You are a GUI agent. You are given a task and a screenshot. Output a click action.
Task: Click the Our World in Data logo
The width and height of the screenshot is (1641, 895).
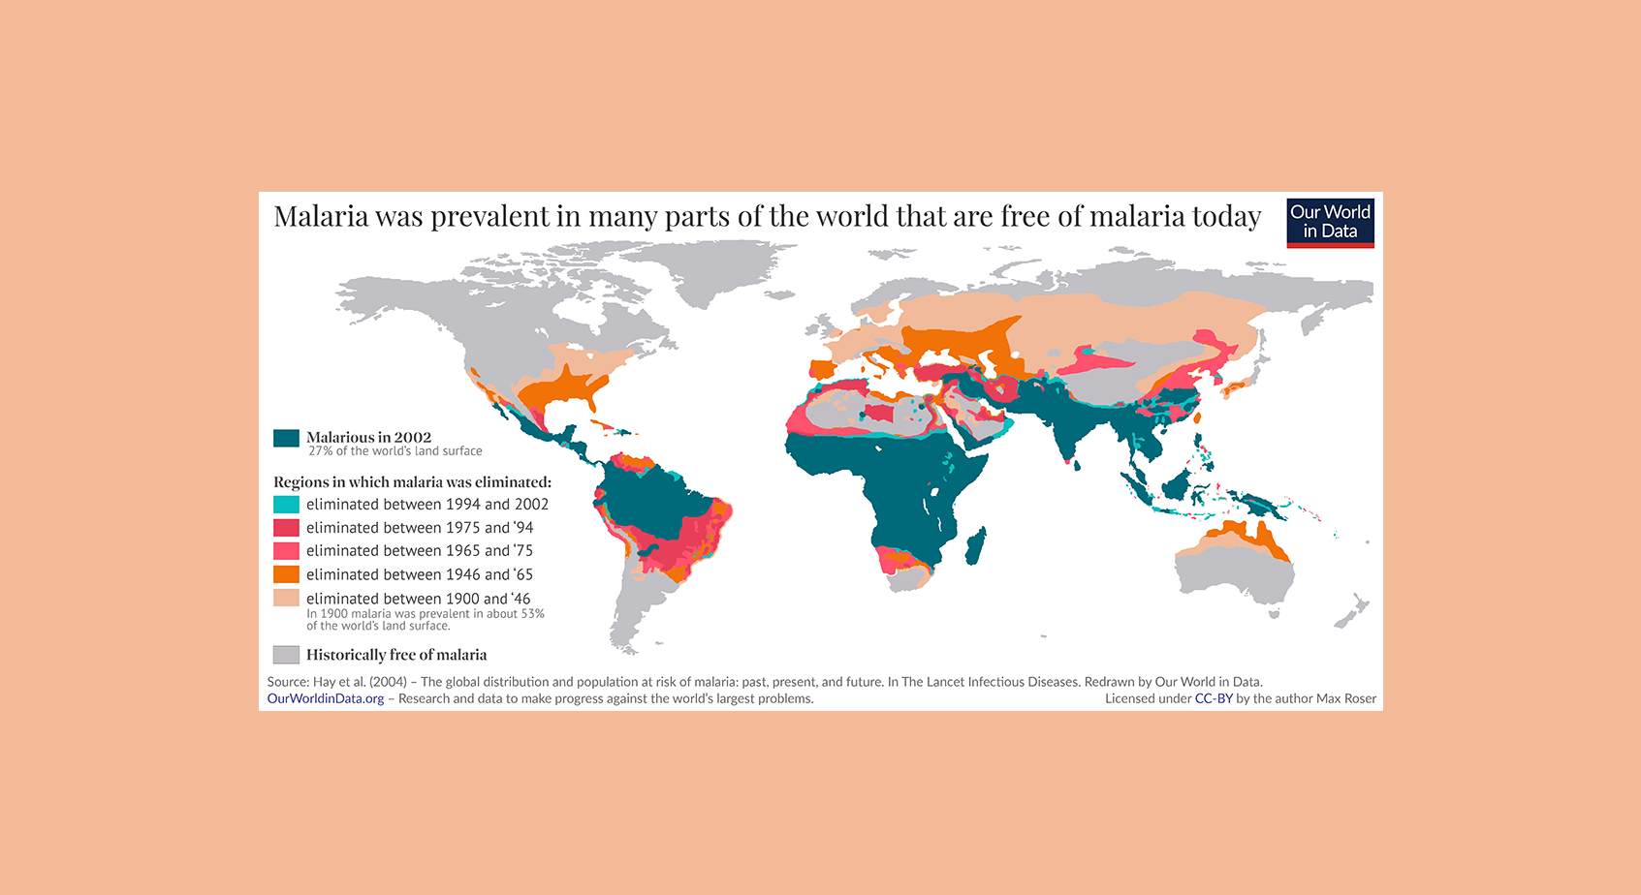[1330, 223]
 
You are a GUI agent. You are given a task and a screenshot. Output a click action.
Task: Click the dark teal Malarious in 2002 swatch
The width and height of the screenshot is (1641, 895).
[286, 438]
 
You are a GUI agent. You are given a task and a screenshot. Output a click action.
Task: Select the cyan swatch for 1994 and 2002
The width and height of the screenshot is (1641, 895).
[286, 505]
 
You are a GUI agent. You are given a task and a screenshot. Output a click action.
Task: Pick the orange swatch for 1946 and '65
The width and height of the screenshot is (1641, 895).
[286, 574]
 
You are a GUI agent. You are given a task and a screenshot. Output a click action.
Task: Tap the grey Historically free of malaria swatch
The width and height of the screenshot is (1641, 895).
[286, 655]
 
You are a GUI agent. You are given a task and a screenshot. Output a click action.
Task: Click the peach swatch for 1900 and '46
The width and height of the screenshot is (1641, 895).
[286, 598]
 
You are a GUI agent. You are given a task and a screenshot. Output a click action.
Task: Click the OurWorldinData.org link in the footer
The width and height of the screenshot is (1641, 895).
[326, 698]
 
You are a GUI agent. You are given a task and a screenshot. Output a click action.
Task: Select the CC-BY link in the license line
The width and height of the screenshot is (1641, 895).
[1214, 698]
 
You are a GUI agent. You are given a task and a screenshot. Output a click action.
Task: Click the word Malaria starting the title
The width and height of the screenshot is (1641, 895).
[321, 216]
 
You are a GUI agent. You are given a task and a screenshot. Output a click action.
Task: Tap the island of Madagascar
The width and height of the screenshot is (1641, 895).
[976, 546]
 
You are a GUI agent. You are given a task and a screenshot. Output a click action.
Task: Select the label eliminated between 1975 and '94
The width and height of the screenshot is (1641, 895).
[420, 528]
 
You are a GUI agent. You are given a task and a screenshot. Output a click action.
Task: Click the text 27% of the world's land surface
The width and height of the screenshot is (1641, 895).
[394, 451]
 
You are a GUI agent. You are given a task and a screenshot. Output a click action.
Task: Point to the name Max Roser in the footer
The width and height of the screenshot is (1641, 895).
[1345, 698]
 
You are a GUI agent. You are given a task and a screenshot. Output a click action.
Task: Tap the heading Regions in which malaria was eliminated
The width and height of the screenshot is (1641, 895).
[412, 482]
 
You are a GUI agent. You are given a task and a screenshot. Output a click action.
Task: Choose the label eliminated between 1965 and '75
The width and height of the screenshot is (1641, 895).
[420, 550]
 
